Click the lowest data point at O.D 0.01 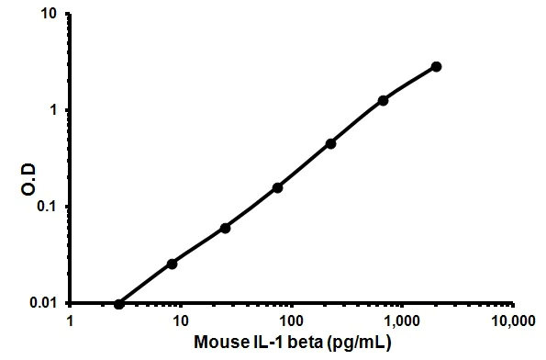point(119,303)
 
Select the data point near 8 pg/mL point(172,264)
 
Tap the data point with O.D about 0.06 point(225,228)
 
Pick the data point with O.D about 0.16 point(277,187)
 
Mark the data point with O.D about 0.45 point(330,143)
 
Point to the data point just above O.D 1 point(383,100)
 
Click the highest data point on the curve point(436,67)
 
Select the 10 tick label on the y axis point(52,15)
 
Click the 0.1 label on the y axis point(50,207)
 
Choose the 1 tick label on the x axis point(71,322)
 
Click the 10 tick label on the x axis point(181,322)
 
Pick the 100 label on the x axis point(291,322)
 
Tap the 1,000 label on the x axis point(401,322)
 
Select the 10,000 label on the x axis point(510,322)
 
